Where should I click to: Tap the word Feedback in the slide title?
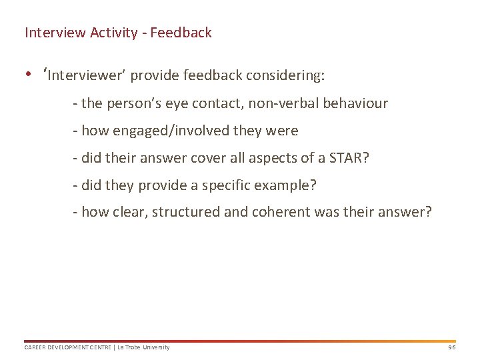pyautogui.click(x=181, y=33)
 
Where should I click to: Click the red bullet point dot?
pyautogui.click(x=29, y=75)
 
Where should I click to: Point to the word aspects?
pyautogui.click(x=263, y=159)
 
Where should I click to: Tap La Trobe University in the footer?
pyautogui.click(x=143, y=347)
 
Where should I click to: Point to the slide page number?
pyautogui.click(x=451, y=347)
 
